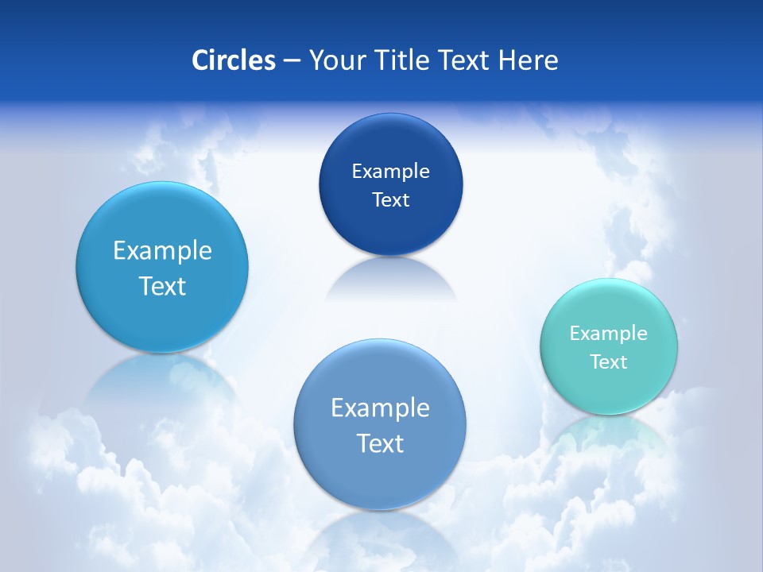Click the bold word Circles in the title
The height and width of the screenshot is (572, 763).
pos(233,60)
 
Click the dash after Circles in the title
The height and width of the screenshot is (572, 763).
pos(292,61)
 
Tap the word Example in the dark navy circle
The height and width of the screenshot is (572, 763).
pos(390,171)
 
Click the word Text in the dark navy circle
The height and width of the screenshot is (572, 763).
pos(390,199)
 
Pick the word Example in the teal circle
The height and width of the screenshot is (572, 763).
pos(609,333)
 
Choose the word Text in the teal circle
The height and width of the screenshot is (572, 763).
pos(609,361)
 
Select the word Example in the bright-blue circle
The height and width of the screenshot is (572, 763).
pos(162,250)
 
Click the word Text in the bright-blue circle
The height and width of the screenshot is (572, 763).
pos(162,286)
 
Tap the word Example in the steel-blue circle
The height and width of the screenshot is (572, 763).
pos(380,408)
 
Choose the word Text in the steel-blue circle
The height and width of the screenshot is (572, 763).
pos(380,443)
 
